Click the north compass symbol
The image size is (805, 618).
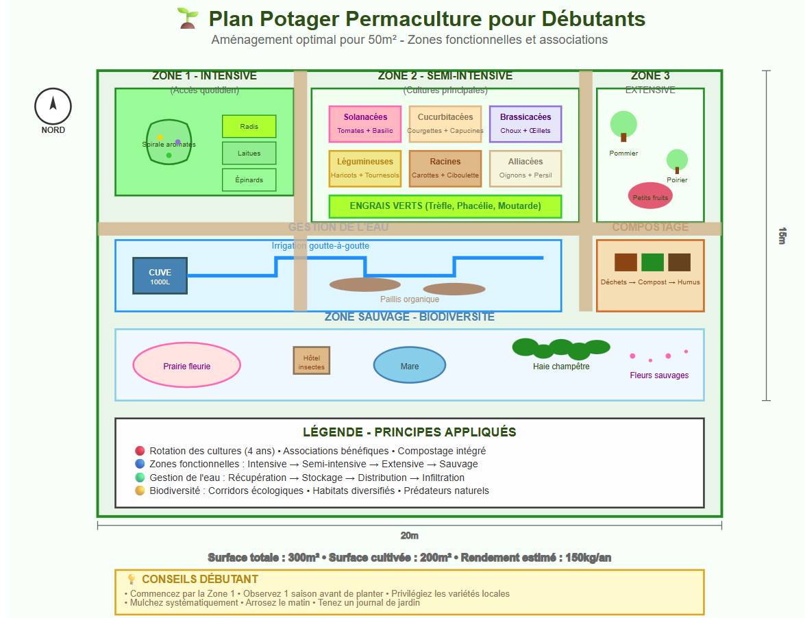point(53,106)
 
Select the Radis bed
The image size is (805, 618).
point(249,127)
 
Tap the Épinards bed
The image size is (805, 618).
point(249,180)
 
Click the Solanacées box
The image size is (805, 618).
point(365,123)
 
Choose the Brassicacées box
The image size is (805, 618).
point(525,123)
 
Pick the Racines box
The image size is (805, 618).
point(445,169)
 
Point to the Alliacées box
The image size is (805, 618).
point(525,169)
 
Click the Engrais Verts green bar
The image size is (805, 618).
point(445,206)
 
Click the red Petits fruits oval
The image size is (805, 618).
point(650,196)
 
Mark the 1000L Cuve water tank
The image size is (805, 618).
point(160,276)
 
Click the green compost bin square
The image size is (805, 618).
point(653,262)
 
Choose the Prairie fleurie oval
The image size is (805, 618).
point(186,366)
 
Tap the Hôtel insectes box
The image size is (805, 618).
point(312,360)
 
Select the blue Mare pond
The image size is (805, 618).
point(410,365)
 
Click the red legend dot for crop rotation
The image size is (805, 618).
point(140,451)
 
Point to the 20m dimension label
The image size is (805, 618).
point(410,536)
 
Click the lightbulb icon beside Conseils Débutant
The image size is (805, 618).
point(132,580)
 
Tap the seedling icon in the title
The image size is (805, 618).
point(187,18)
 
